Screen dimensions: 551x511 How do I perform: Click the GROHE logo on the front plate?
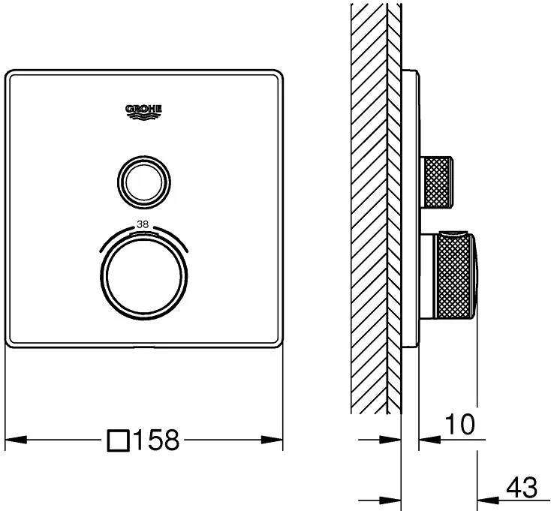tap(143, 112)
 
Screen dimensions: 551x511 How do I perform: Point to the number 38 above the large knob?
tap(143, 224)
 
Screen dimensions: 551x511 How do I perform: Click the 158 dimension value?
tap(156, 440)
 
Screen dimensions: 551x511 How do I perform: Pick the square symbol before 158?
tap(118, 440)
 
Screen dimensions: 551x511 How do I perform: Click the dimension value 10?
tap(460, 424)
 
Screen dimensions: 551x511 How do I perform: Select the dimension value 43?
tap(522, 487)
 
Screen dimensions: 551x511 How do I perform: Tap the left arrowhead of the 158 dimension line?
tap(16, 440)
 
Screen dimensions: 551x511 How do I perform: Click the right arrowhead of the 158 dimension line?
tap(272, 440)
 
